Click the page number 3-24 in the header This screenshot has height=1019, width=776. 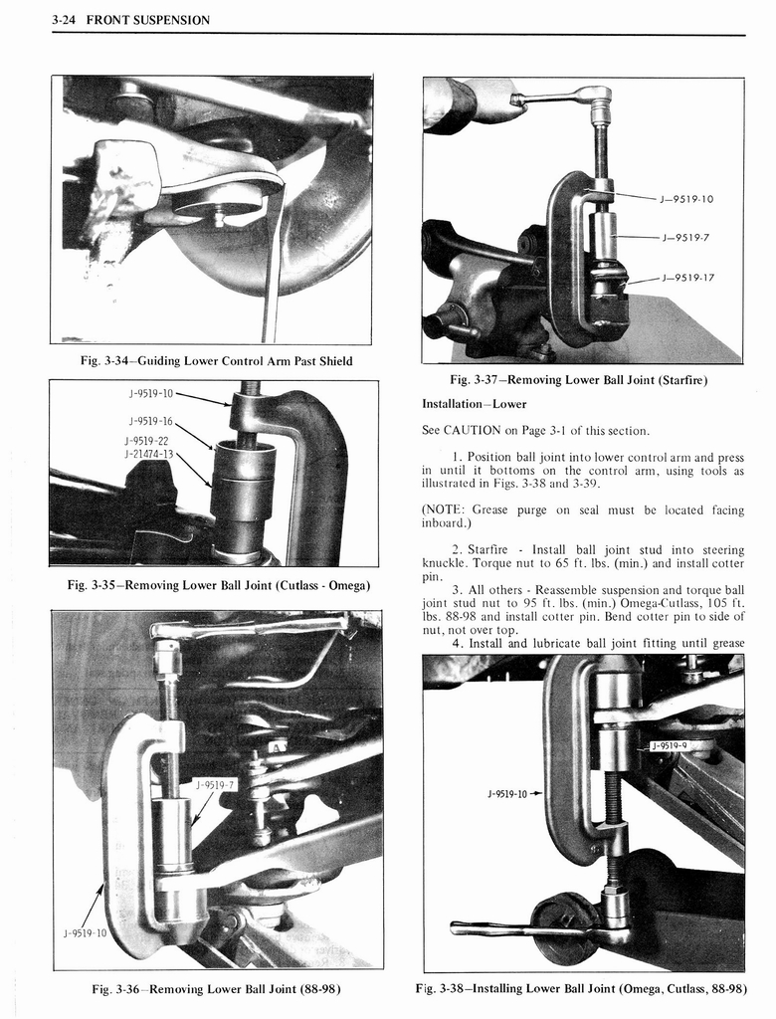pos(67,20)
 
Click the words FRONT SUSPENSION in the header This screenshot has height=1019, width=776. pos(147,20)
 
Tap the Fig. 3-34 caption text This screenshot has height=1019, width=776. pos(215,360)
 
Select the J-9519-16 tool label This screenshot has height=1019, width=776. pos(149,421)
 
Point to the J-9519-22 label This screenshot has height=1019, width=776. pos(147,439)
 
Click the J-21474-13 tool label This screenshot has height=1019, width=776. pos(149,454)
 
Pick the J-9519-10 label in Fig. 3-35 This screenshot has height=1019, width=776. pos(150,392)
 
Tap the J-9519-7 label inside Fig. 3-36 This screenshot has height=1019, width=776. pos(216,784)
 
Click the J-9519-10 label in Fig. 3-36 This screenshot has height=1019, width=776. pos(87,933)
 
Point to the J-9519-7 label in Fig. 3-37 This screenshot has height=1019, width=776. pos(683,238)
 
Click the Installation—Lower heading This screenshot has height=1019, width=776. pos(474,404)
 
